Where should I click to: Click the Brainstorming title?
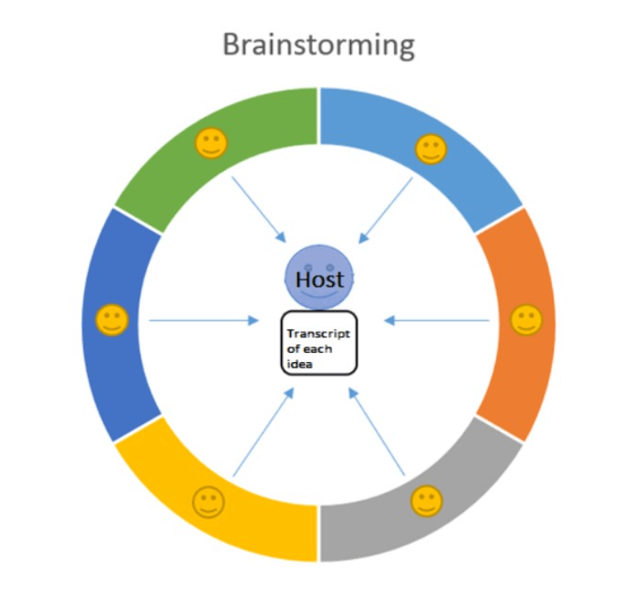click(x=319, y=46)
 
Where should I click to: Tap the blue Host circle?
click(x=320, y=278)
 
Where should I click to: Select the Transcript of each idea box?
click(x=319, y=343)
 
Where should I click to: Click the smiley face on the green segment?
click(x=211, y=143)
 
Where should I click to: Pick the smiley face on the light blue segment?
click(x=431, y=150)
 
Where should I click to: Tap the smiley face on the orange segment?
click(x=527, y=320)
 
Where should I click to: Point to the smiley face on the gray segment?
click(x=426, y=501)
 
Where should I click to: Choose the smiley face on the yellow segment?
click(x=208, y=502)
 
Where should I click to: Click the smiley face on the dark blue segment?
click(x=112, y=320)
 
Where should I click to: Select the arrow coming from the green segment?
click(x=259, y=210)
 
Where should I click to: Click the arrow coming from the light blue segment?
click(x=386, y=211)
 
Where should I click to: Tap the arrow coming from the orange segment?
click(x=436, y=321)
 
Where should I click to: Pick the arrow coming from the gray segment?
click(x=377, y=432)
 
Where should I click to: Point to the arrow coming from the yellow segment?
click(x=264, y=432)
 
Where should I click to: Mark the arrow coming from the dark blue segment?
click(x=204, y=321)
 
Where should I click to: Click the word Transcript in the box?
click(x=319, y=334)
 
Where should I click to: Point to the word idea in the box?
click(x=299, y=365)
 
